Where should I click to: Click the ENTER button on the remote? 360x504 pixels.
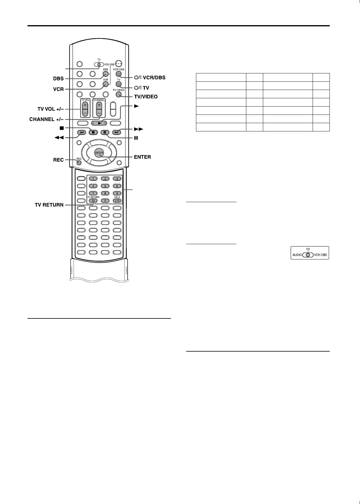tap(99, 153)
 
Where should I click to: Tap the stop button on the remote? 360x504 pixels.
tap(93, 132)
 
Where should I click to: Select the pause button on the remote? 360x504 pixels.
tap(105, 132)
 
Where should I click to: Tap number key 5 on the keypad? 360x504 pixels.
tap(105, 186)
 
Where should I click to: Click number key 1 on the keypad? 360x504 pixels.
tap(93, 178)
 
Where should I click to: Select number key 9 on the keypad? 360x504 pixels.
tap(117, 193)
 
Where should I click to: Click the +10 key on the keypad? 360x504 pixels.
tap(117, 201)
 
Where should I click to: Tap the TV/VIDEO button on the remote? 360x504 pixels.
tap(119, 94)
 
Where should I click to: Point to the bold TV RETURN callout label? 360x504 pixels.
tap(49, 205)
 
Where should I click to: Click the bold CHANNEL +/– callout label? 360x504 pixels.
tap(46, 120)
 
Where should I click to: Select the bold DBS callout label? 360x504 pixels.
tap(58, 79)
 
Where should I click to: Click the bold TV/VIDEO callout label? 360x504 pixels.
tap(146, 96)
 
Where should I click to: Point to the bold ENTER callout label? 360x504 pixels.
tap(142, 157)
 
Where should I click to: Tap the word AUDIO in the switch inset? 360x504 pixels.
tap(297, 255)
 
